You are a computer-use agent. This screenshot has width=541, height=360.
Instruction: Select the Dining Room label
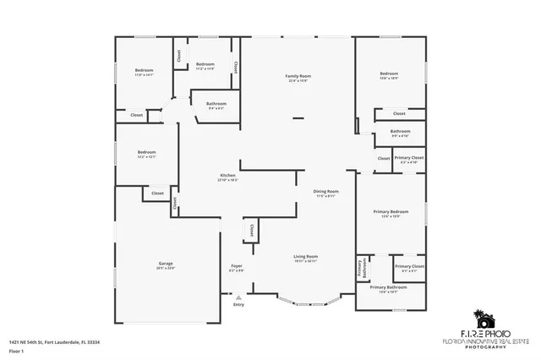(326, 192)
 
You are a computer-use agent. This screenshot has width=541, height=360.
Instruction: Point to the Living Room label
(305, 256)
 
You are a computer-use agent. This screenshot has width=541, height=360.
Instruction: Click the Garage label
(166, 263)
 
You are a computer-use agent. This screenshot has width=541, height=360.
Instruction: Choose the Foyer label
(237, 266)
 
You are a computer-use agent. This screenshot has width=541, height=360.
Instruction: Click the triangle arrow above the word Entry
(238, 297)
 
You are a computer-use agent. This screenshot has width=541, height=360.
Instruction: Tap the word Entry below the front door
(238, 304)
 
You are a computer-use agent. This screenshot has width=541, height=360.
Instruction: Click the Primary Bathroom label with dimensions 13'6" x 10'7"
(393, 287)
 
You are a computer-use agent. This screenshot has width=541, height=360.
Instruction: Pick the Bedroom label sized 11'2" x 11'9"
(205, 64)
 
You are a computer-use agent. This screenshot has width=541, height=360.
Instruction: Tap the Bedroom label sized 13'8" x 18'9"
(389, 74)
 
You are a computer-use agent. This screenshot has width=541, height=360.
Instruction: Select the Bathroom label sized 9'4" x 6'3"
(216, 104)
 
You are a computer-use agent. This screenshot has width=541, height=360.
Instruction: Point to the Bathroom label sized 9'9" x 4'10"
(401, 131)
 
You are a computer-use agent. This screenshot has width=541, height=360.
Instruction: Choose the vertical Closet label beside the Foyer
(250, 231)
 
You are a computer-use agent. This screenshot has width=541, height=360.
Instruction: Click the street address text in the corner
(54, 342)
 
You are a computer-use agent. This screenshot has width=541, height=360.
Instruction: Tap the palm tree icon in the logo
(483, 319)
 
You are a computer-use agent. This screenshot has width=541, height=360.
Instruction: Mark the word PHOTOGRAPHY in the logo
(488, 347)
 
